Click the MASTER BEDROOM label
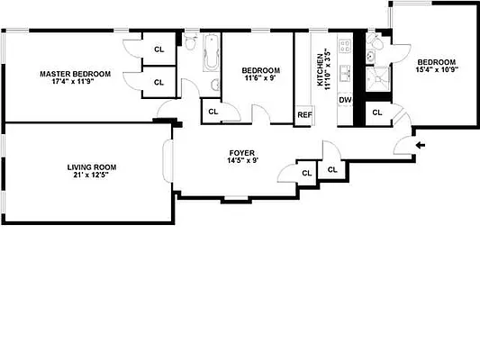75,73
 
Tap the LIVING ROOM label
92,166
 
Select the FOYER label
243,153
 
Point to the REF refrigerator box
304,114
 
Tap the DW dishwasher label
345,99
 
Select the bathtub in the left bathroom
209,55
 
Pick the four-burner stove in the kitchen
344,45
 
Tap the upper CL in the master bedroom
158,49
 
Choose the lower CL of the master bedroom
158,82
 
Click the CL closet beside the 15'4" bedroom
376,112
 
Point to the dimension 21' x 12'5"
92,176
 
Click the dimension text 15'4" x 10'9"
438,69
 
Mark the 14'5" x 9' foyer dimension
243,162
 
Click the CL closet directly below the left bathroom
213,112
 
